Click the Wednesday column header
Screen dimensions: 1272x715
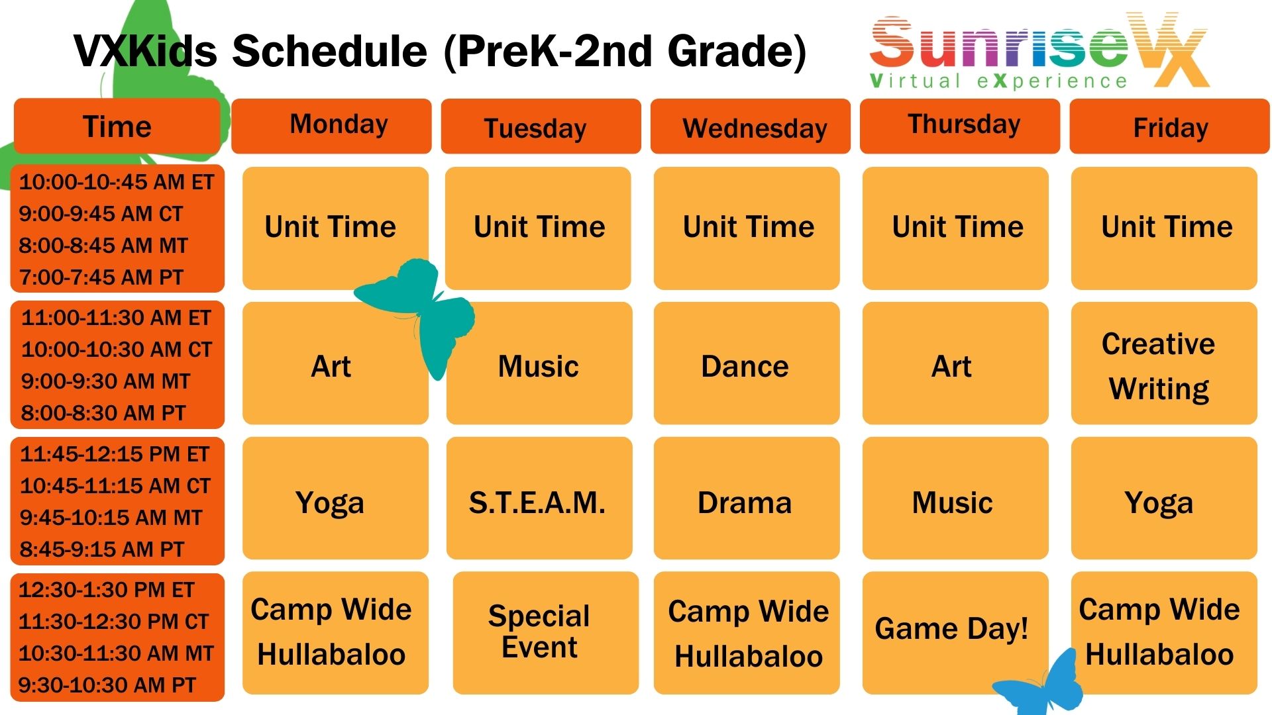(750, 126)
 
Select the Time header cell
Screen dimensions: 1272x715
(117, 126)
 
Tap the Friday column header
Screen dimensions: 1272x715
(1169, 126)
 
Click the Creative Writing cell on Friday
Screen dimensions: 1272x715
(1164, 363)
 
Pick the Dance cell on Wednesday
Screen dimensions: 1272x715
(747, 363)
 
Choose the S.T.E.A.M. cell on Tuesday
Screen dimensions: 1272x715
(539, 499)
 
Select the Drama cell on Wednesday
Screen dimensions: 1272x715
(747, 499)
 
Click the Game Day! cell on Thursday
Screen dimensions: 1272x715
(955, 633)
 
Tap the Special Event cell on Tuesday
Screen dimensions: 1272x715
(546, 633)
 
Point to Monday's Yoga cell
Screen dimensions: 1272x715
(335, 499)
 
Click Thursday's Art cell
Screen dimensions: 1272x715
(955, 363)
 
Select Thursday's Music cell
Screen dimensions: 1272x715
(955, 499)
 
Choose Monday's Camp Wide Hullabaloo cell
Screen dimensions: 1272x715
(335, 633)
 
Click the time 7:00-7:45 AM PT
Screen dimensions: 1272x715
(101, 277)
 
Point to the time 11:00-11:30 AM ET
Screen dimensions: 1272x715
(116, 318)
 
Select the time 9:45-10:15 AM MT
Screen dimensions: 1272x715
(111, 518)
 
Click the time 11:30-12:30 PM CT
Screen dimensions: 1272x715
(113, 622)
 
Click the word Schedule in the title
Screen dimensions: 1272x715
(330, 51)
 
